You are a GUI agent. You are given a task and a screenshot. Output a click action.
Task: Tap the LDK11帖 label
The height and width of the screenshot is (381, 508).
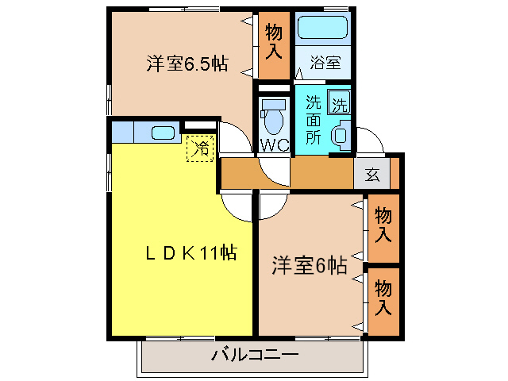click(x=190, y=253)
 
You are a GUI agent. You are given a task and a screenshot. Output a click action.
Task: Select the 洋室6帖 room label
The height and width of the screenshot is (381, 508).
click(x=310, y=264)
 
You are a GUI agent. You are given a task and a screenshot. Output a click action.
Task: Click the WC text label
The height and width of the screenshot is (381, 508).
click(x=272, y=145)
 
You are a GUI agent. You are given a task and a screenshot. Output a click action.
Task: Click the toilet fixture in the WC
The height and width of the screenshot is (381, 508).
click(x=274, y=117)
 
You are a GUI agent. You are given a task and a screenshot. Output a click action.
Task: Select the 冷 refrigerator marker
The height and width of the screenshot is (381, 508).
click(x=201, y=148)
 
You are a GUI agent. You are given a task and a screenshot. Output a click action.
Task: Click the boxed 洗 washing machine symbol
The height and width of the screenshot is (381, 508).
click(x=339, y=103)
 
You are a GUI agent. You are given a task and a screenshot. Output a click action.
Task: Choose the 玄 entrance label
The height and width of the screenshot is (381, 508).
click(x=372, y=175)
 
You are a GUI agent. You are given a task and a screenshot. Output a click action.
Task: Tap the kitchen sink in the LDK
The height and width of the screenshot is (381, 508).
click(x=163, y=133)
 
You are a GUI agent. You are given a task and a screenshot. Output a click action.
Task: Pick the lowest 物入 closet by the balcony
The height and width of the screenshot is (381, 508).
click(x=383, y=297)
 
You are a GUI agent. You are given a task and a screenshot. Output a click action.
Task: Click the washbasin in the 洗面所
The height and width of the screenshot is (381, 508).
click(x=341, y=134)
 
